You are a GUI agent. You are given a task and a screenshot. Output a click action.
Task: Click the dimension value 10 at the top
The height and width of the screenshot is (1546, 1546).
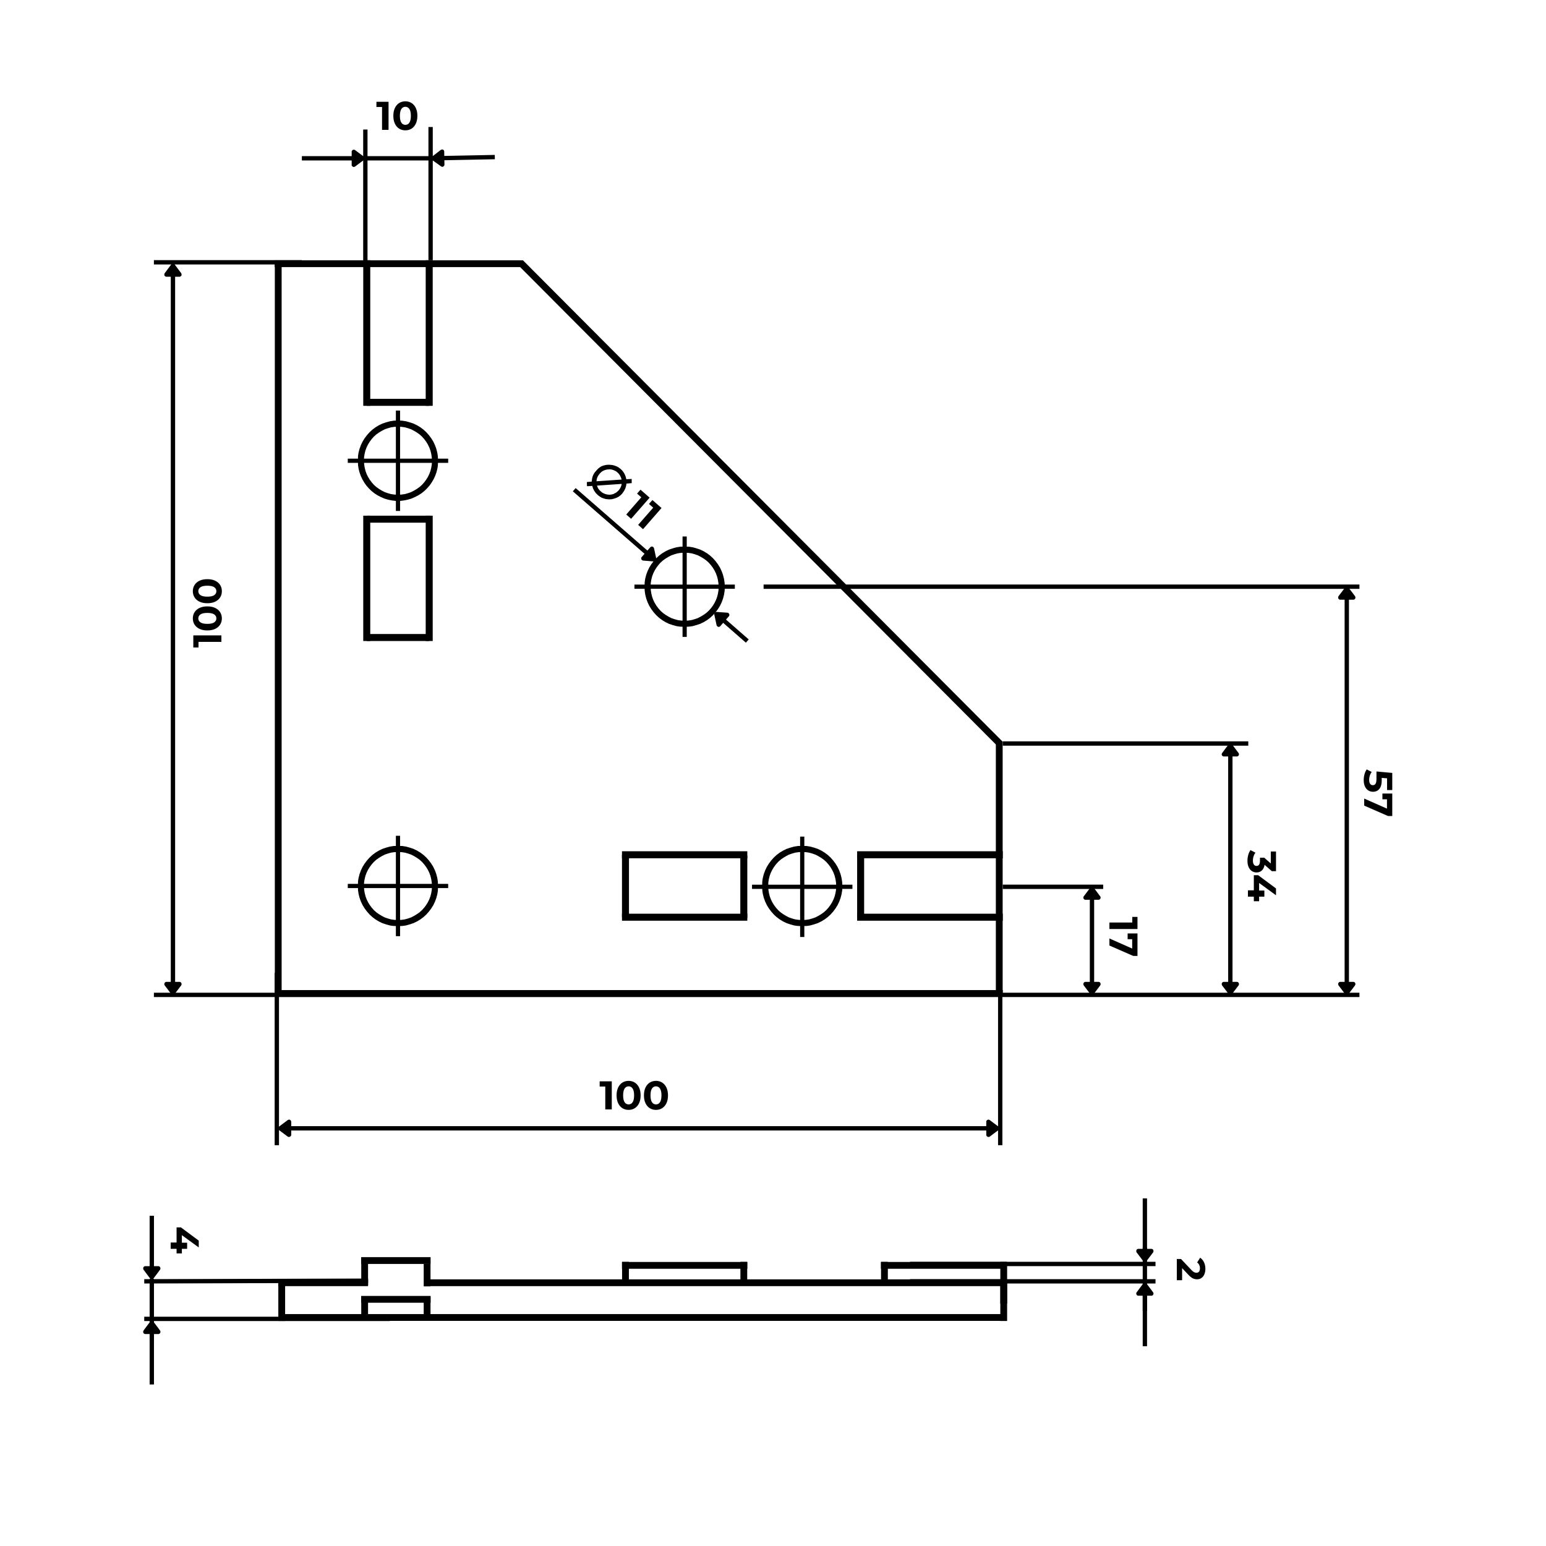(397, 117)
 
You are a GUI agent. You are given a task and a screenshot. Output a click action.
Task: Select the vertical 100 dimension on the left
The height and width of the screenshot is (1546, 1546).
(208, 612)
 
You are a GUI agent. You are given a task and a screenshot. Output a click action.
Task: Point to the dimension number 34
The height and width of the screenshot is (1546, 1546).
(1260, 876)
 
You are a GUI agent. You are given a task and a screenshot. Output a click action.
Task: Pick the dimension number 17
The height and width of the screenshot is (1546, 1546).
(1122, 936)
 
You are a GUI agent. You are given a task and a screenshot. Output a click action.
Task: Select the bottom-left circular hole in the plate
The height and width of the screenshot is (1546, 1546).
(398, 886)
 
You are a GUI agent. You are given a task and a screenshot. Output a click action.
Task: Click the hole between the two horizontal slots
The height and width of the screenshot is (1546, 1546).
(802, 886)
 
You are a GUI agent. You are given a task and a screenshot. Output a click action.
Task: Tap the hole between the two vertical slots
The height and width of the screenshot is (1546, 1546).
(398, 461)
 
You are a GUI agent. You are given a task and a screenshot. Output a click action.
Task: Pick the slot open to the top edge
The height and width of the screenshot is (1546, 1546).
(398, 332)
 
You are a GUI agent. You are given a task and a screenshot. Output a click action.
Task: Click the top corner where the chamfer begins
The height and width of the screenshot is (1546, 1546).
(521, 263)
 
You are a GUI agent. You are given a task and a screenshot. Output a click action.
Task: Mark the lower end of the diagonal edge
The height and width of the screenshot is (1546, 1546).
(999, 743)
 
